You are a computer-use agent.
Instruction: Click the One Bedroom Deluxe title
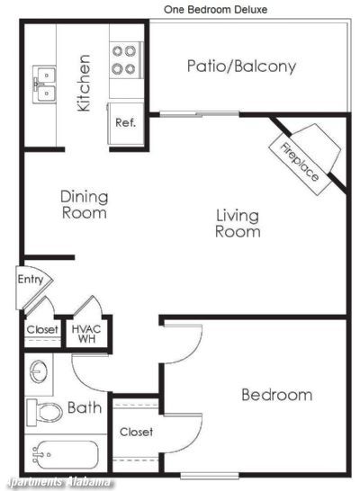click(216, 9)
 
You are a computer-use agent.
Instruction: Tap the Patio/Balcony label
click(241, 67)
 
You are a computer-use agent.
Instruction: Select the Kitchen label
click(84, 83)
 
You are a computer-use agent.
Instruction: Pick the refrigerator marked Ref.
click(125, 123)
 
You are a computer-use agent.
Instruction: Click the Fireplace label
click(300, 162)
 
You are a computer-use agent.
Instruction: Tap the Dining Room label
click(85, 205)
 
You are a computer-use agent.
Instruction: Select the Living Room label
click(238, 224)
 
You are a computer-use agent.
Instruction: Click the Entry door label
click(31, 279)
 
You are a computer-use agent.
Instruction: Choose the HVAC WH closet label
click(86, 334)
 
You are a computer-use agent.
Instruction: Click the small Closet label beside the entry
click(42, 329)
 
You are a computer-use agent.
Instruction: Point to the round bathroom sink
click(39, 372)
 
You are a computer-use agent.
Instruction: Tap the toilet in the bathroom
click(44, 413)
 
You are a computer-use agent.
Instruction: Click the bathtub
click(65, 455)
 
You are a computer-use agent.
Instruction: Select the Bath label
click(85, 407)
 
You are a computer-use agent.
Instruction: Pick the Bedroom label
click(277, 395)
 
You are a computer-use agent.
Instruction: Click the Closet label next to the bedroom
click(136, 433)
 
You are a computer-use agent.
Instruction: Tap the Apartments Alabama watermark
click(59, 482)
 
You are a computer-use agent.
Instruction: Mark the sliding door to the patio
click(199, 114)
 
